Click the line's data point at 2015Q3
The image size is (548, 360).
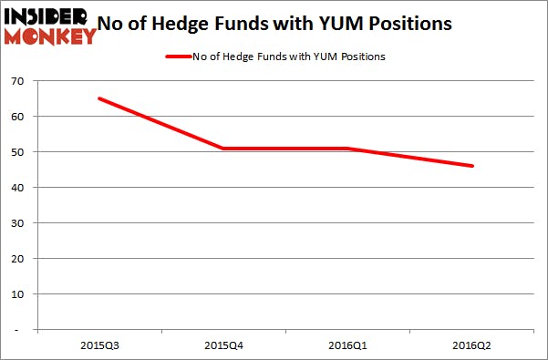[x=98, y=98]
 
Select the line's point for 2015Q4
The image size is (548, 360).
[x=222, y=149]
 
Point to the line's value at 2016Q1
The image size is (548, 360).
[x=346, y=149]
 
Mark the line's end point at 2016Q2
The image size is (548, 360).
[x=470, y=166]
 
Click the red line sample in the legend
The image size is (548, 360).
[x=177, y=57]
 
